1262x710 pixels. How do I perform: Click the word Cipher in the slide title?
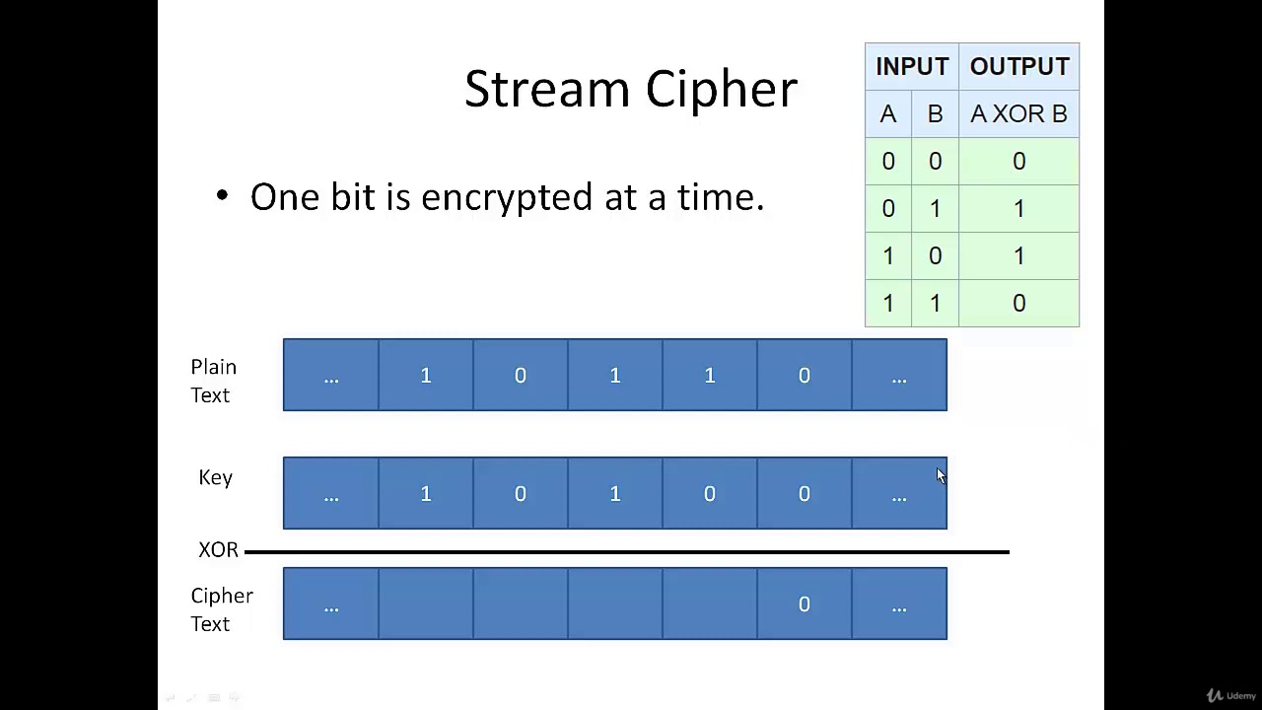[722, 89]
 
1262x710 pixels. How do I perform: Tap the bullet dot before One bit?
[222, 196]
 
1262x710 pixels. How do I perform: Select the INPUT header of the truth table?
[911, 66]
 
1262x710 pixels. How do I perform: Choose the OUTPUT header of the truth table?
[1018, 66]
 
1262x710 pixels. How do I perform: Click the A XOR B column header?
[1018, 114]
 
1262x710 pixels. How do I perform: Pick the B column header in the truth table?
[935, 114]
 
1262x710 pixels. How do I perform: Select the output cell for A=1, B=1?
[1018, 304]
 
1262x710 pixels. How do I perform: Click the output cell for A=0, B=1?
[1018, 209]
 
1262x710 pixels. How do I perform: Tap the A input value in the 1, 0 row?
[887, 256]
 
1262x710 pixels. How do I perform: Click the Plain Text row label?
[213, 381]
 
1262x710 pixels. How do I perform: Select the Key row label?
[215, 477]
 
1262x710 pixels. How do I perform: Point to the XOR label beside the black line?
[218, 550]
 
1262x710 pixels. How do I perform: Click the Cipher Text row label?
[221, 609]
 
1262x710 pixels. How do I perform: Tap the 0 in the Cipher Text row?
[804, 603]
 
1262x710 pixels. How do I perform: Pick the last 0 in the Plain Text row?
[804, 375]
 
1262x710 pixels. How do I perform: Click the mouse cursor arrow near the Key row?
[941, 476]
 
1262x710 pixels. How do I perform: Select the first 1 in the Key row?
[425, 493]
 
